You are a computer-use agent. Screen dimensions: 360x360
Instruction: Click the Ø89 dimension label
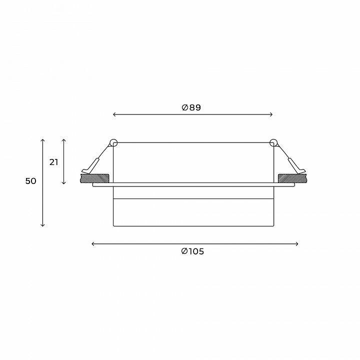click(192, 107)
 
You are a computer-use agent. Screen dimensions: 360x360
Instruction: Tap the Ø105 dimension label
click(192, 251)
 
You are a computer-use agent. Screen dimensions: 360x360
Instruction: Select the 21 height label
click(53, 162)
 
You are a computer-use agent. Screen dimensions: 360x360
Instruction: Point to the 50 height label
click(31, 181)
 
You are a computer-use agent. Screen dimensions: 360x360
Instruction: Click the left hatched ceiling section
click(95, 177)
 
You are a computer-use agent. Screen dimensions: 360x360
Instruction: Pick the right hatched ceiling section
click(291, 177)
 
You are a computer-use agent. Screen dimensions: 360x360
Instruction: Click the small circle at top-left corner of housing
click(113, 143)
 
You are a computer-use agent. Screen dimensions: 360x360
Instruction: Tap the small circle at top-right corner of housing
click(273, 143)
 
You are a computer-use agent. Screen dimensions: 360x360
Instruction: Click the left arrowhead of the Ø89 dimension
click(114, 115)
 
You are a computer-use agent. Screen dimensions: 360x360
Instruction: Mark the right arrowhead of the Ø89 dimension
click(271, 115)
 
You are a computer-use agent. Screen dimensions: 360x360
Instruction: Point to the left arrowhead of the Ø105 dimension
click(93, 244)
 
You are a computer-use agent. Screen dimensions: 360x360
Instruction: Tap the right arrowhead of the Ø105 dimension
click(297, 244)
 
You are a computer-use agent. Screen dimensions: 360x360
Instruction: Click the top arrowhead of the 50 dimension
click(43, 140)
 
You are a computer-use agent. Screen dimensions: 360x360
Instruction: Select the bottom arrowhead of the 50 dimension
click(43, 225)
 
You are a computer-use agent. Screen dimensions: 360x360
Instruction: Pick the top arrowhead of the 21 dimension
click(64, 140)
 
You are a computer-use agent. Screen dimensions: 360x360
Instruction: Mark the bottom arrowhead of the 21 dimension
click(64, 183)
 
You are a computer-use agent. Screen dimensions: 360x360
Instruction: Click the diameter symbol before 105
click(184, 251)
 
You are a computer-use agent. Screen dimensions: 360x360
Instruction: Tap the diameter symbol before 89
click(184, 107)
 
